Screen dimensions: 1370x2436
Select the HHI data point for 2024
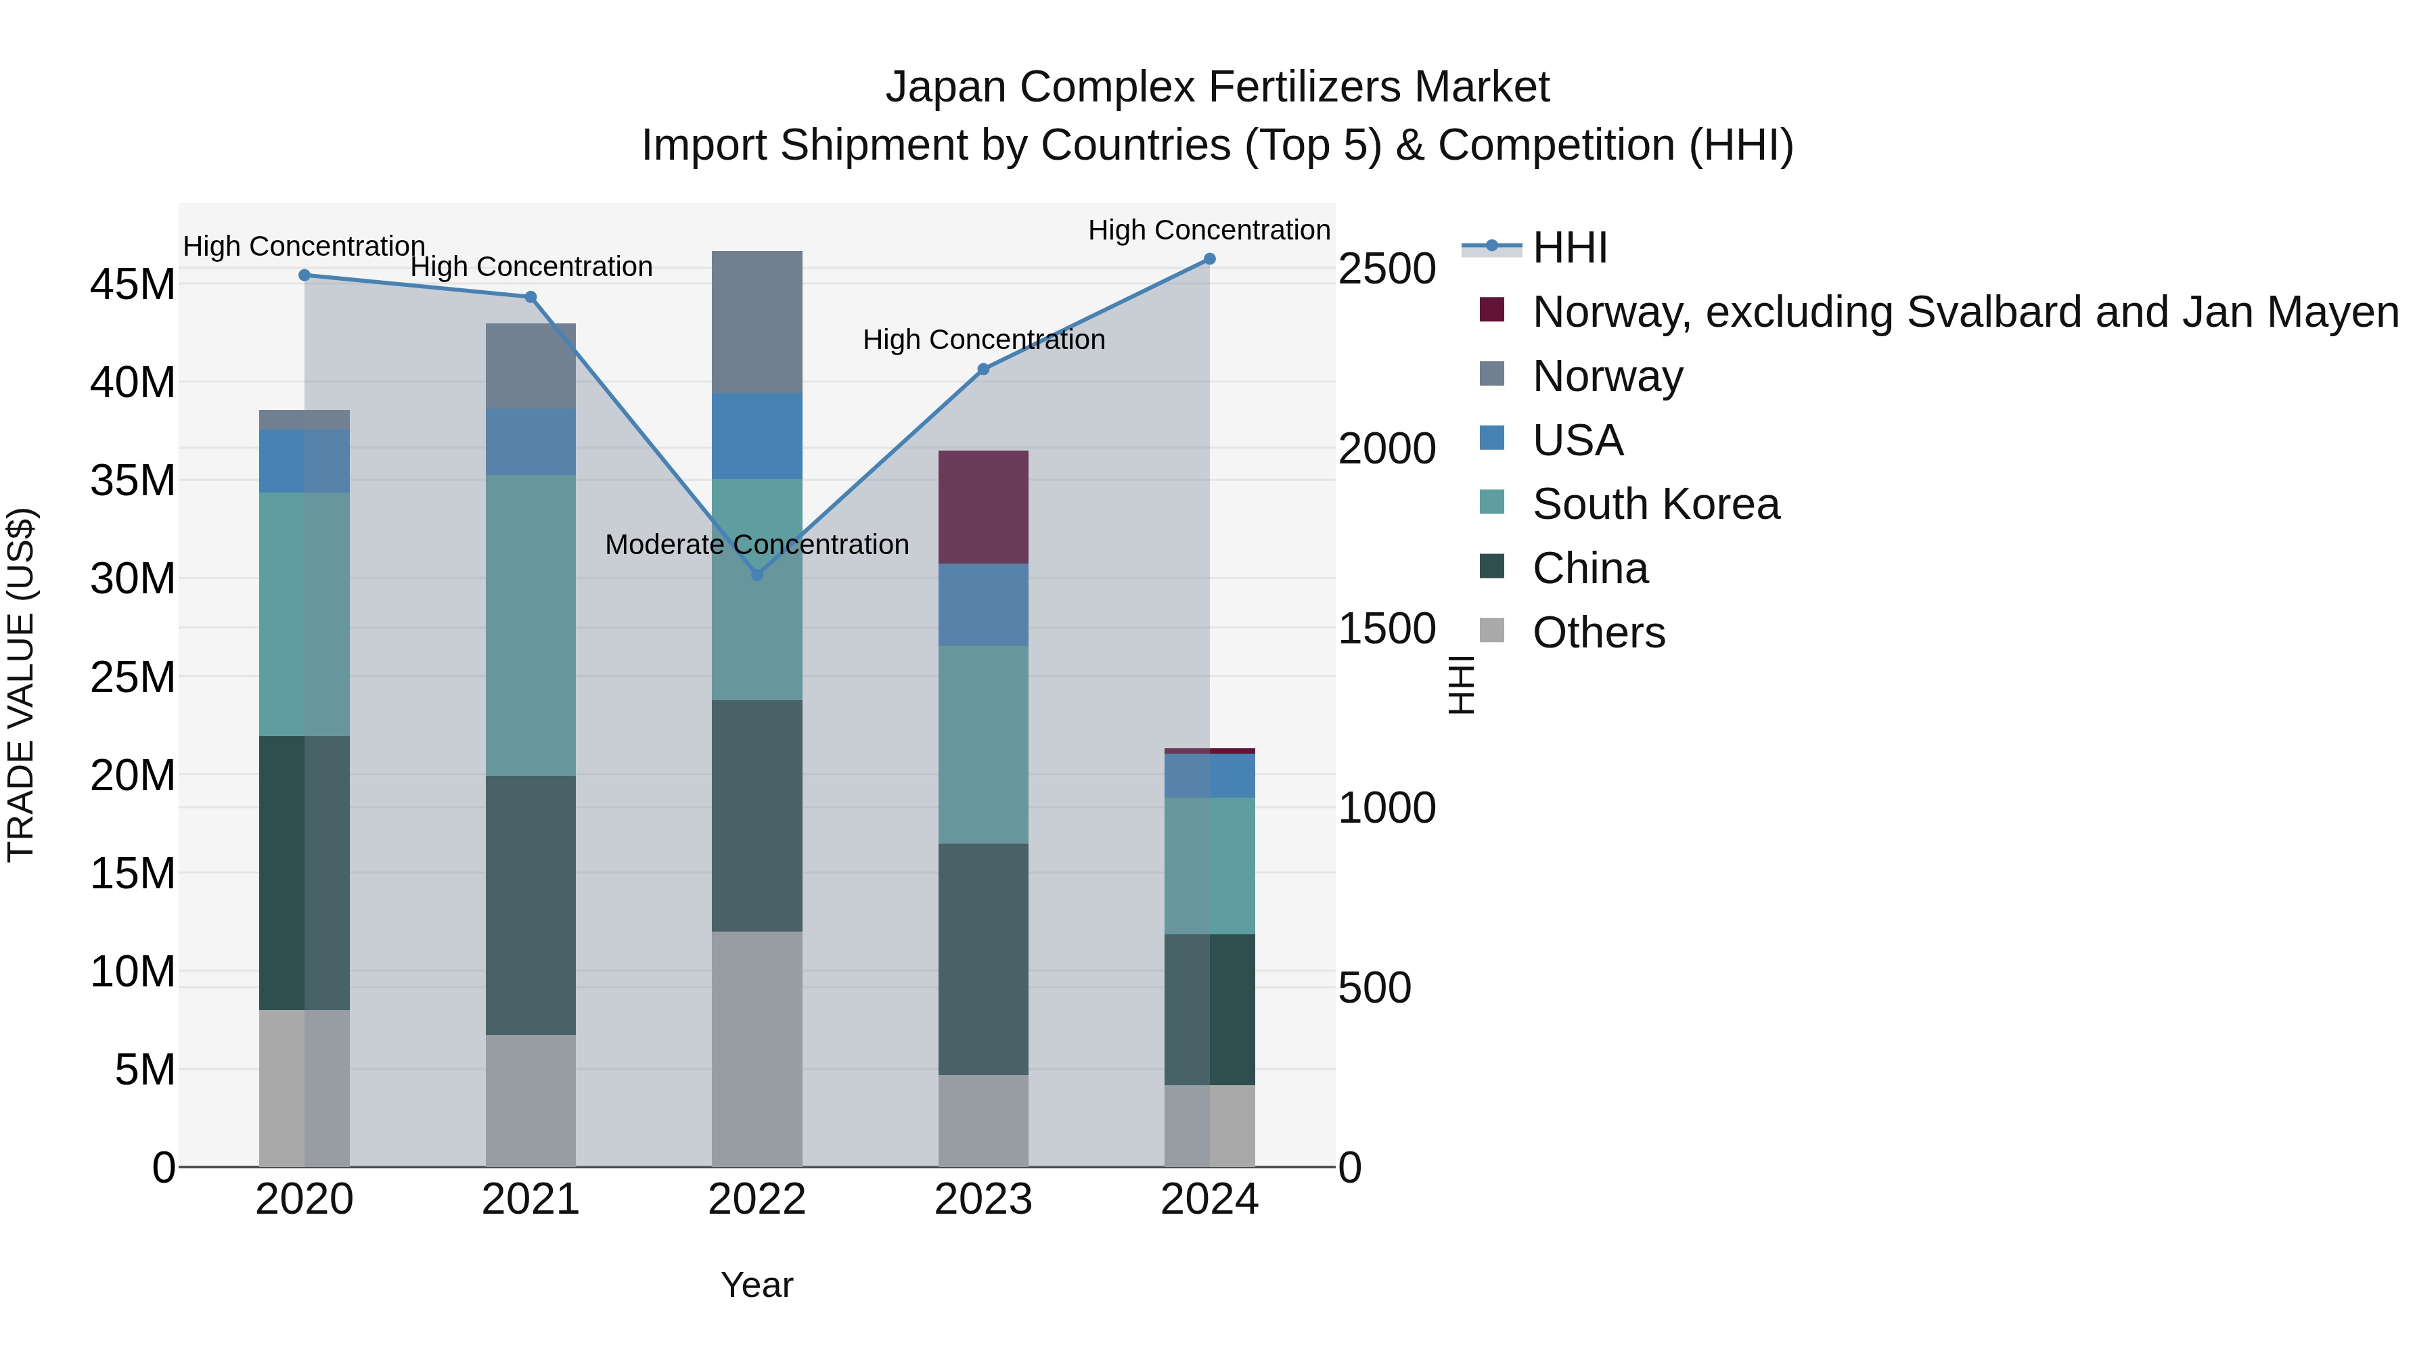click(1209, 259)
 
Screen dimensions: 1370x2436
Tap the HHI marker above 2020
click(304, 275)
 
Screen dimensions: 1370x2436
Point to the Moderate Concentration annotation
click(757, 545)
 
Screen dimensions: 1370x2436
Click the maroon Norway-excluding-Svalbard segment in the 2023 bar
click(983, 507)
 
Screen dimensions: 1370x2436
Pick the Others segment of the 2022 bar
click(757, 1049)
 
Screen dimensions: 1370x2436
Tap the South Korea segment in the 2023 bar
click(983, 744)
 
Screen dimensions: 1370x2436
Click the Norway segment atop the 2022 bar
click(757, 321)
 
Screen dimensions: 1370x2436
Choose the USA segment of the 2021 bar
click(531, 442)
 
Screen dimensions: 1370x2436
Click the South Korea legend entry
click(1655, 504)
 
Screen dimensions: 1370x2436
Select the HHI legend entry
click(1570, 248)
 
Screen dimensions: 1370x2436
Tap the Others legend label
click(1598, 633)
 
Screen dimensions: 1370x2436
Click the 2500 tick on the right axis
click(1386, 269)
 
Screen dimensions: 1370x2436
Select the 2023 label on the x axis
click(983, 1200)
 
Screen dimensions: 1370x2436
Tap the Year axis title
click(757, 1285)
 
